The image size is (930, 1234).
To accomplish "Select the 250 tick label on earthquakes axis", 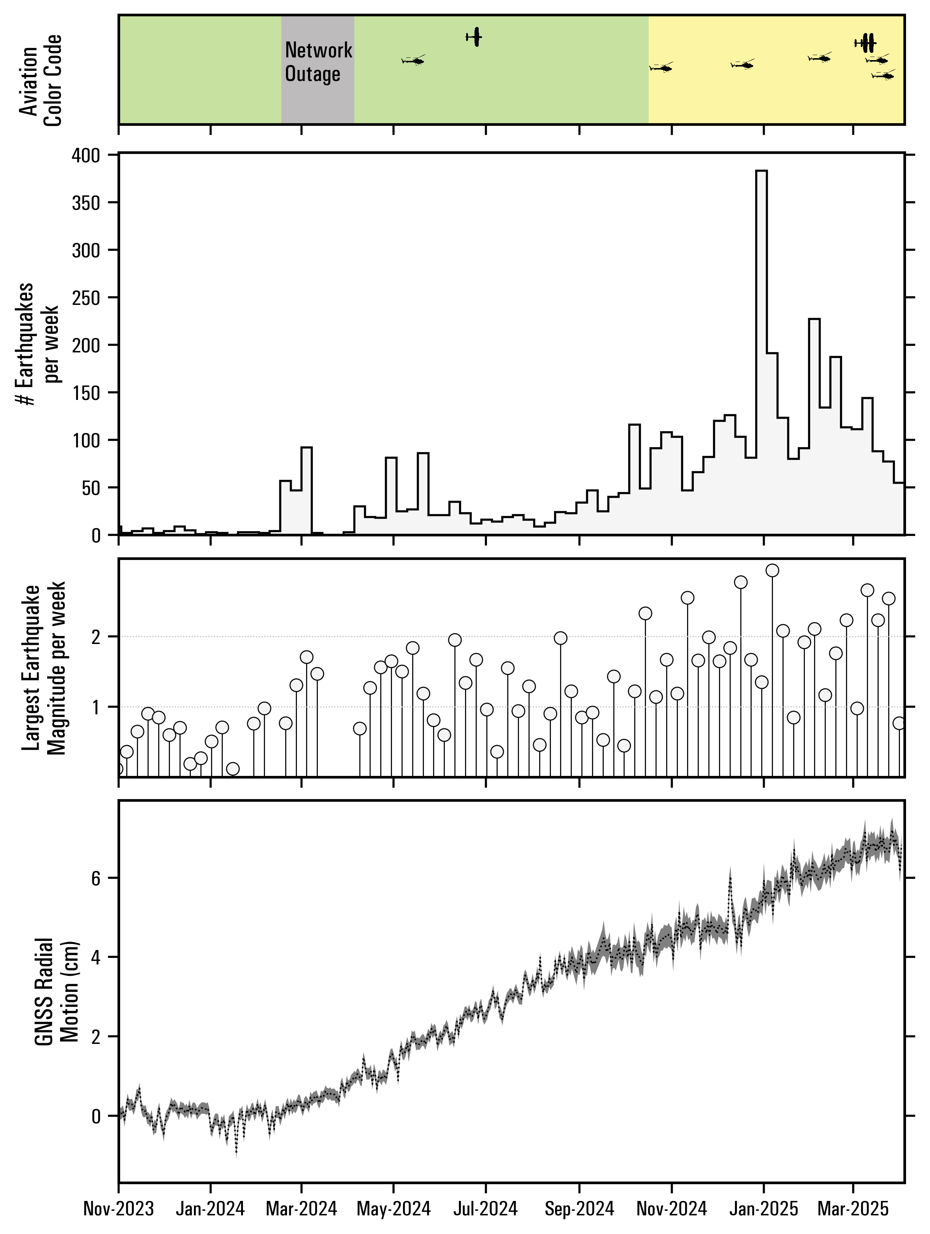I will point(86,297).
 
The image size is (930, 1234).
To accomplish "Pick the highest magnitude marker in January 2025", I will point(773,570).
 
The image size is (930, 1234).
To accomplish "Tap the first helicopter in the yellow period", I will point(662,68).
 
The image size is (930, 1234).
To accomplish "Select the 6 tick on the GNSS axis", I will point(96,879).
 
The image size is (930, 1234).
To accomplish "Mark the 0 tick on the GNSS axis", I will point(96,1116).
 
